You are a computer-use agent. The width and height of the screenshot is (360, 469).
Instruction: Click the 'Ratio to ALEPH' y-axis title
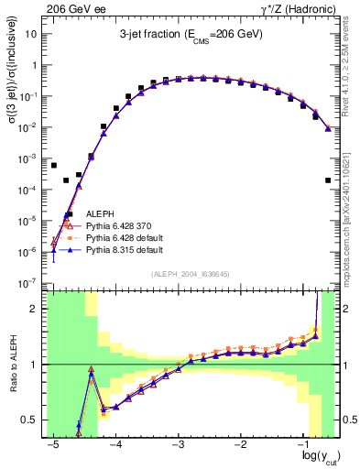[x=12, y=365]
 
